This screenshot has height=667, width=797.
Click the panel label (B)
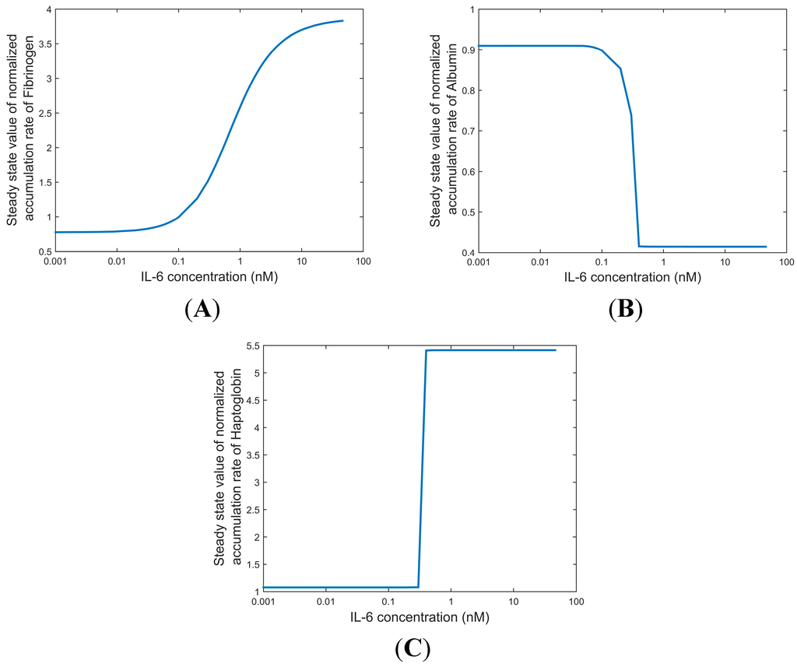click(x=625, y=309)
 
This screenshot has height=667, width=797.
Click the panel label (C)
click(x=413, y=648)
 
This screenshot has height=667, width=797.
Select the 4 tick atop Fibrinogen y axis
click(x=48, y=9)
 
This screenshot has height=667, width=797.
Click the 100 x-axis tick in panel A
click(x=363, y=261)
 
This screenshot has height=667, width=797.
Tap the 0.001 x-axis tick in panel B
click(x=479, y=261)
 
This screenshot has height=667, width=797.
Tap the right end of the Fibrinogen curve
click(x=342, y=21)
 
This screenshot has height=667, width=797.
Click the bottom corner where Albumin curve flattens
click(x=639, y=246)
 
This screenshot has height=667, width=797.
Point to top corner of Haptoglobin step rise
click(x=426, y=351)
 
